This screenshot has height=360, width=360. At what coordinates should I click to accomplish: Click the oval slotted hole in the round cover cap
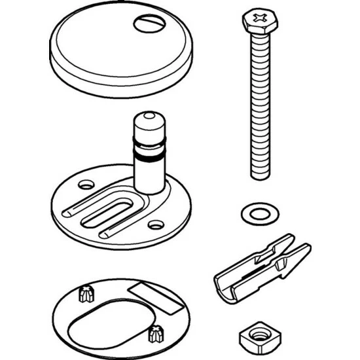147,24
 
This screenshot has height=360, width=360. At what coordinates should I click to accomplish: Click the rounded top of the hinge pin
150,119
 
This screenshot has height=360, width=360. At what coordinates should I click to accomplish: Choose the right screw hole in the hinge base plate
155,225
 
